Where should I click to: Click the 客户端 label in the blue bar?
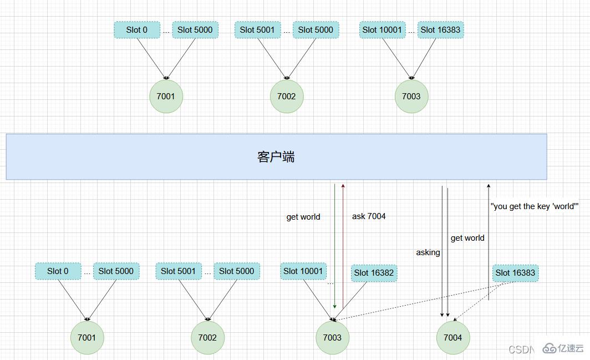coord(276,157)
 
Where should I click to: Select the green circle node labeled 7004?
coord(452,337)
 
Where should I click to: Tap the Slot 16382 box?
coord(374,273)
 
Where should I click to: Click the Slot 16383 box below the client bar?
coord(515,273)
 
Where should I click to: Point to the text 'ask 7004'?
coord(369,216)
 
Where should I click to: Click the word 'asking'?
coord(428,252)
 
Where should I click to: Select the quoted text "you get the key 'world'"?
coord(535,206)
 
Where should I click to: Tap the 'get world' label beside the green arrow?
coord(303,217)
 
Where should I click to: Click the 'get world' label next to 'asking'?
coord(467,238)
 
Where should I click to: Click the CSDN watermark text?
coord(520,349)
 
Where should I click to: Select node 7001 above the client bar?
coord(166,97)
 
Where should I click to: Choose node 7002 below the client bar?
coord(207,337)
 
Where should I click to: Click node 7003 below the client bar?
coord(332,337)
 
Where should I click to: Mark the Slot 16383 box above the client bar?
coord(440,30)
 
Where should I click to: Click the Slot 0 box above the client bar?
coord(137,30)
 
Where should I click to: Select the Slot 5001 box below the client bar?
coord(179,271)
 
